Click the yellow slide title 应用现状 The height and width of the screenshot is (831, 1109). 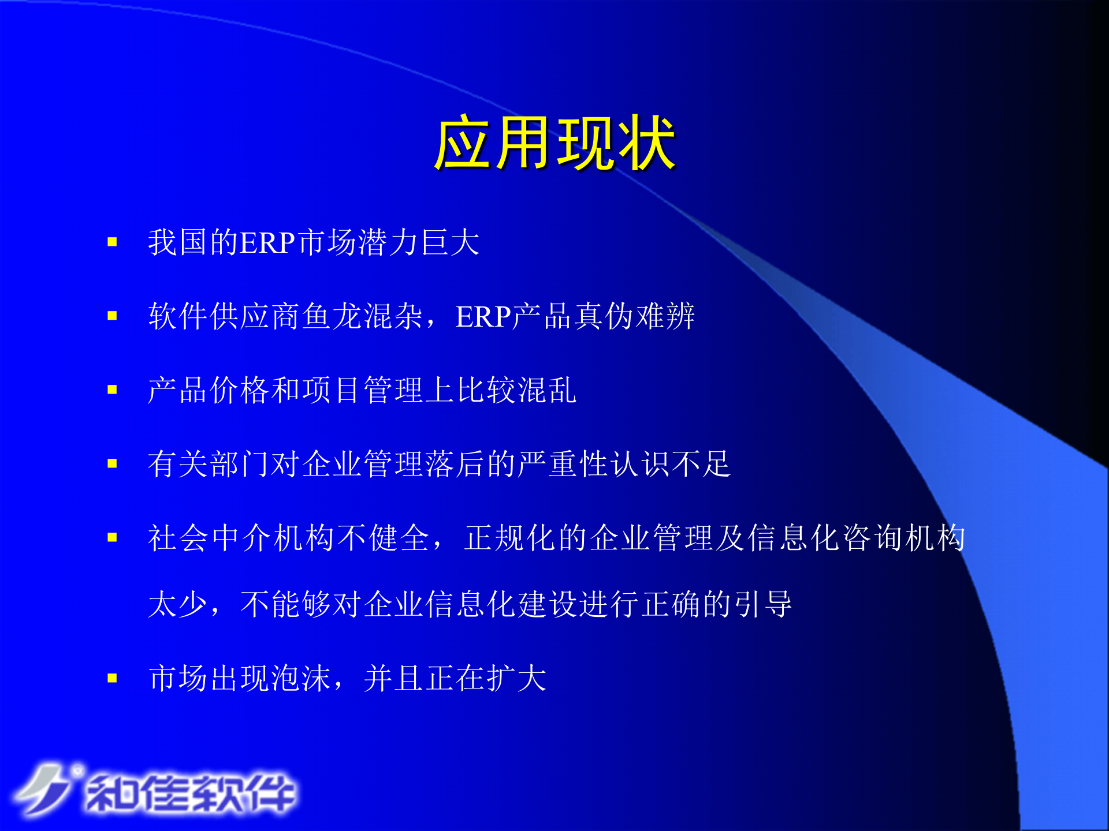pyautogui.click(x=554, y=143)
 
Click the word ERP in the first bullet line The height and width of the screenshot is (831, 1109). pyautogui.click(x=267, y=242)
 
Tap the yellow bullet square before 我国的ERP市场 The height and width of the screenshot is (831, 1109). pyautogui.click(x=112, y=242)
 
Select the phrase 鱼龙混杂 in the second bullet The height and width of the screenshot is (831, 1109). pyautogui.click(x=362, y=316)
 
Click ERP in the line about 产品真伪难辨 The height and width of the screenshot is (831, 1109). pyautogui.click(x=483, y=316)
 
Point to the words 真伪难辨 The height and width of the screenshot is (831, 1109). pyautogui.click(x=634, y=316)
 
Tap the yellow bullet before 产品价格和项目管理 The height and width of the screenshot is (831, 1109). pyautogui.click(x=112, y=390)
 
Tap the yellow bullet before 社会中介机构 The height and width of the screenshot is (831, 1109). pyautogui.click(x=112, y=538)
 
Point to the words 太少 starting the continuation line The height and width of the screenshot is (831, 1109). pyautogui.click(x=178, y=604)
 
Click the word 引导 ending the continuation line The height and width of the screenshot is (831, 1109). pyautogui.click(x=762, y=604)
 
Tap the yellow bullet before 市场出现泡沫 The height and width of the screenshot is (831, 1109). pyautogui.click(x=112, y=678)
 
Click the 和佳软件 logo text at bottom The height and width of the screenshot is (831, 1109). pyautogui.click(x=191, y=793)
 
